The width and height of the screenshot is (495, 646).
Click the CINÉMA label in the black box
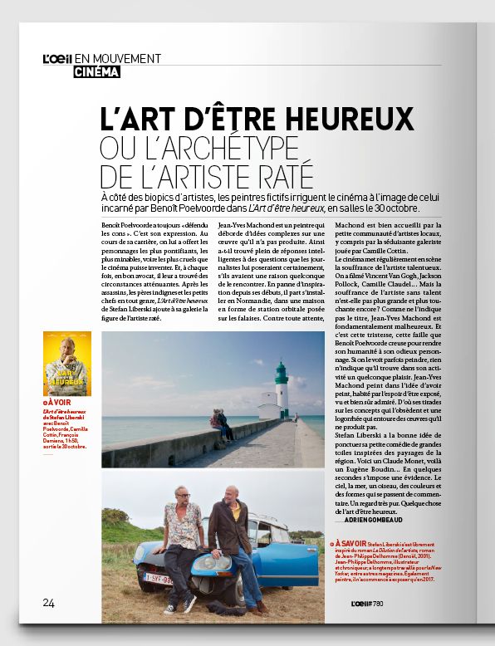pos(96,72)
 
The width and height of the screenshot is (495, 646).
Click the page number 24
pos(49,602)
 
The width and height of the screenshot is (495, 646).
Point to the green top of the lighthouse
pos(282,369)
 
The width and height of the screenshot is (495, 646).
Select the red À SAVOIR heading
pos(352,542)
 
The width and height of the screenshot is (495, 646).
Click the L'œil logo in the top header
pos(57,58)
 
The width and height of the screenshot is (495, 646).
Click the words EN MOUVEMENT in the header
pos(117,58)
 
